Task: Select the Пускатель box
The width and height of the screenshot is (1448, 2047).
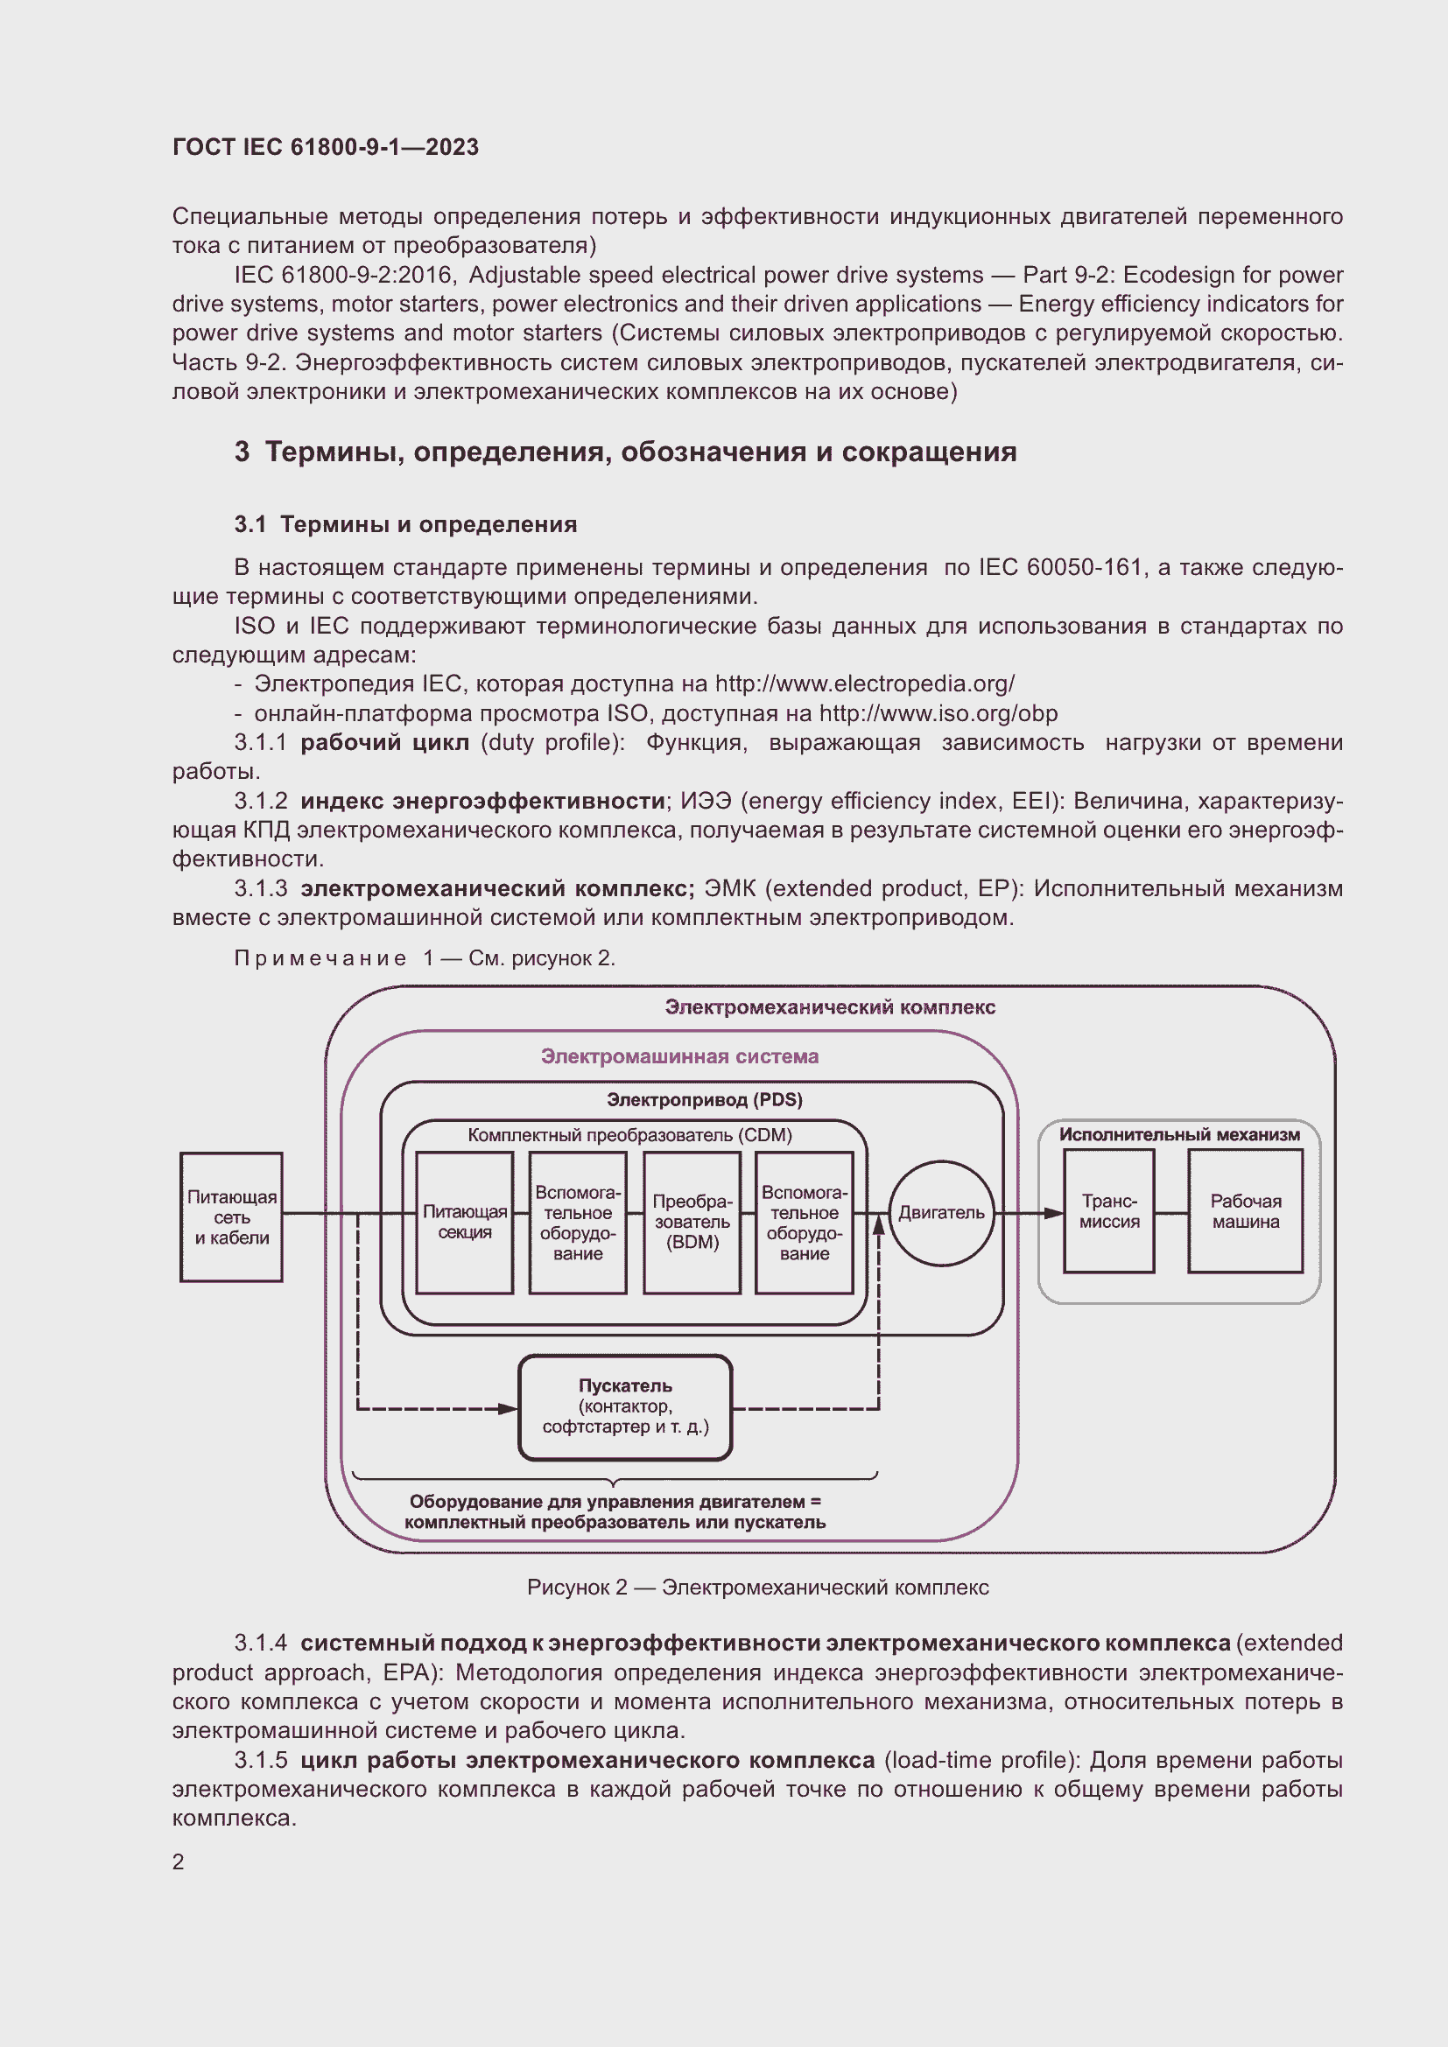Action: pyautogui.click(x=625, y=1408)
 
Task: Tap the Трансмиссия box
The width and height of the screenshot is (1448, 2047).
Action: pyautogui.click(x=1108, y=1210)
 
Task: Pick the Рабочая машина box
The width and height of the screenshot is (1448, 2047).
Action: pyautogui.click(x=1245, y=1210)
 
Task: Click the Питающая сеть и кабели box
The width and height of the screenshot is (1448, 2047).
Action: pyautogui.click(x=232, y=1217)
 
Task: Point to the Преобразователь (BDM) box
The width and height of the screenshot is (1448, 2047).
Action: pyautogui.click(x=692, y=1223)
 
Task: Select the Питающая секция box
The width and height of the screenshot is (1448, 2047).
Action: pyautogui.click(x=465, y=1223)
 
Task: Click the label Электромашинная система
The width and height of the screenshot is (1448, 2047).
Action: pyautogui.click(x=679, y=1056)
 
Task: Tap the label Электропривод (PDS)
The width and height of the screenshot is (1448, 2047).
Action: pyautogui.click(x=705, y=1100)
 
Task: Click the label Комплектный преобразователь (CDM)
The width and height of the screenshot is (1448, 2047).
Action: pyautogui.click(x=629, y=1135)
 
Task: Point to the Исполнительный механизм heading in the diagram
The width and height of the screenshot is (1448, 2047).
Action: pyautogui.click(x=1178, y=1135)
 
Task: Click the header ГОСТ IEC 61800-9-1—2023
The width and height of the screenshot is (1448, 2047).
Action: pyautogui.click(x=326, y=147)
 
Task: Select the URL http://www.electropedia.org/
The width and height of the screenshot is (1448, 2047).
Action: pyautogui.click(x=864, y=684)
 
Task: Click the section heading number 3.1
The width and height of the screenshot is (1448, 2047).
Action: pyautogui.click(x=250, y=524)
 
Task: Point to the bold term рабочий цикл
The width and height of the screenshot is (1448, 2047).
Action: pyautogui.click(x=384, y=743)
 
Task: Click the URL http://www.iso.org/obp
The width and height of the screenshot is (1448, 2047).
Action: pyautogui.click(x=938, y=713)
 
